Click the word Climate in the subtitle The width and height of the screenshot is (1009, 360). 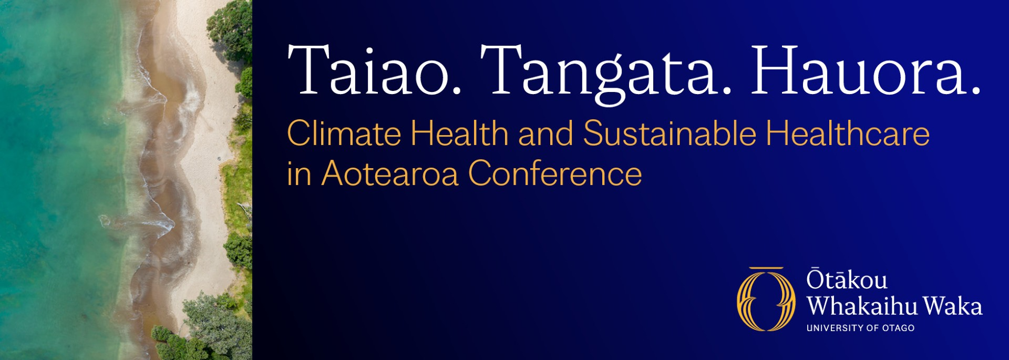pos(344,133)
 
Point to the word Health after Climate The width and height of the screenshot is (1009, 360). pos(459,133)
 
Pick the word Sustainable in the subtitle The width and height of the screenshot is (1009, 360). pos(670,133)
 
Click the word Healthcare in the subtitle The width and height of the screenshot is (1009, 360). pos(848,133)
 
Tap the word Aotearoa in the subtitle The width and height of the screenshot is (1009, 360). pos(390,173)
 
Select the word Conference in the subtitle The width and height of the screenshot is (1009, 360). pos(555,173)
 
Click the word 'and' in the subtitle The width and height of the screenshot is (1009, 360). pos(545,133)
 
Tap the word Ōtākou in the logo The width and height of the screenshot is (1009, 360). pos(847,280)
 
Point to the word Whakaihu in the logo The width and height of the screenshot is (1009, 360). pos(862,306)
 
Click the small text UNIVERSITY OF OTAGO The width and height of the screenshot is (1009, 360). pos(860,328)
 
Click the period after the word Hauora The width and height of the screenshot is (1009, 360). pos(976,91)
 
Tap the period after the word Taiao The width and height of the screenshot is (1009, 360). pos(457,91)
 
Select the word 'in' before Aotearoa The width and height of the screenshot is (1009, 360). pos(299,173)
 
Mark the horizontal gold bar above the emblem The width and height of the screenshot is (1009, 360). pos(766,269)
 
